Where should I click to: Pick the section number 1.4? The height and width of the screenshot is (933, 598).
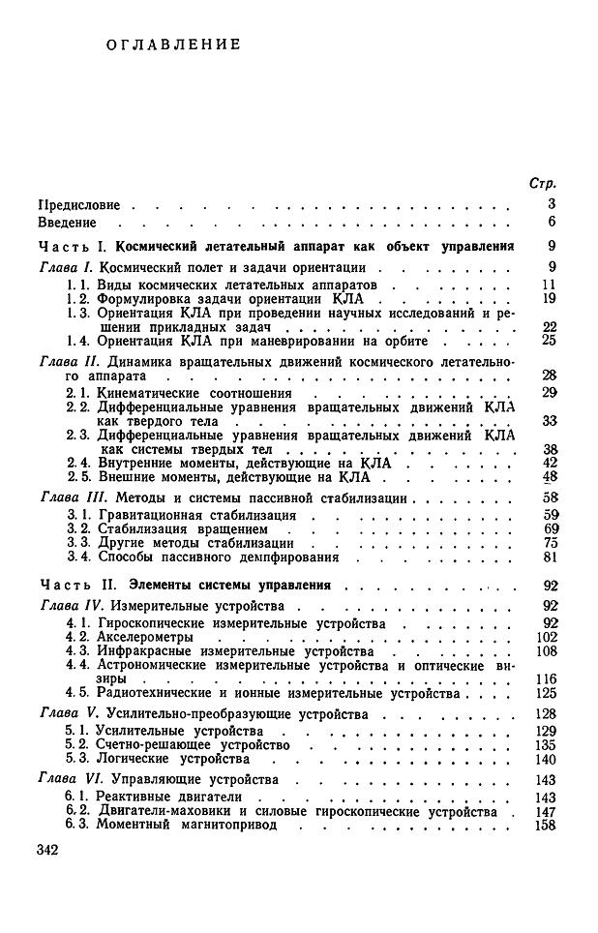click(76, 340)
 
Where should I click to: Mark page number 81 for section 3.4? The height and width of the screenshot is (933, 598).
click(548, 557)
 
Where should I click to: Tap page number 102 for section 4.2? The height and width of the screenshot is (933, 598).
click(545, 638)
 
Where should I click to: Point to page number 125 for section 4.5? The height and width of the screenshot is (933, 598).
click(545, 694)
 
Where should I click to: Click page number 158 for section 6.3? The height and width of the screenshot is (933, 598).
click(545, 825)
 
